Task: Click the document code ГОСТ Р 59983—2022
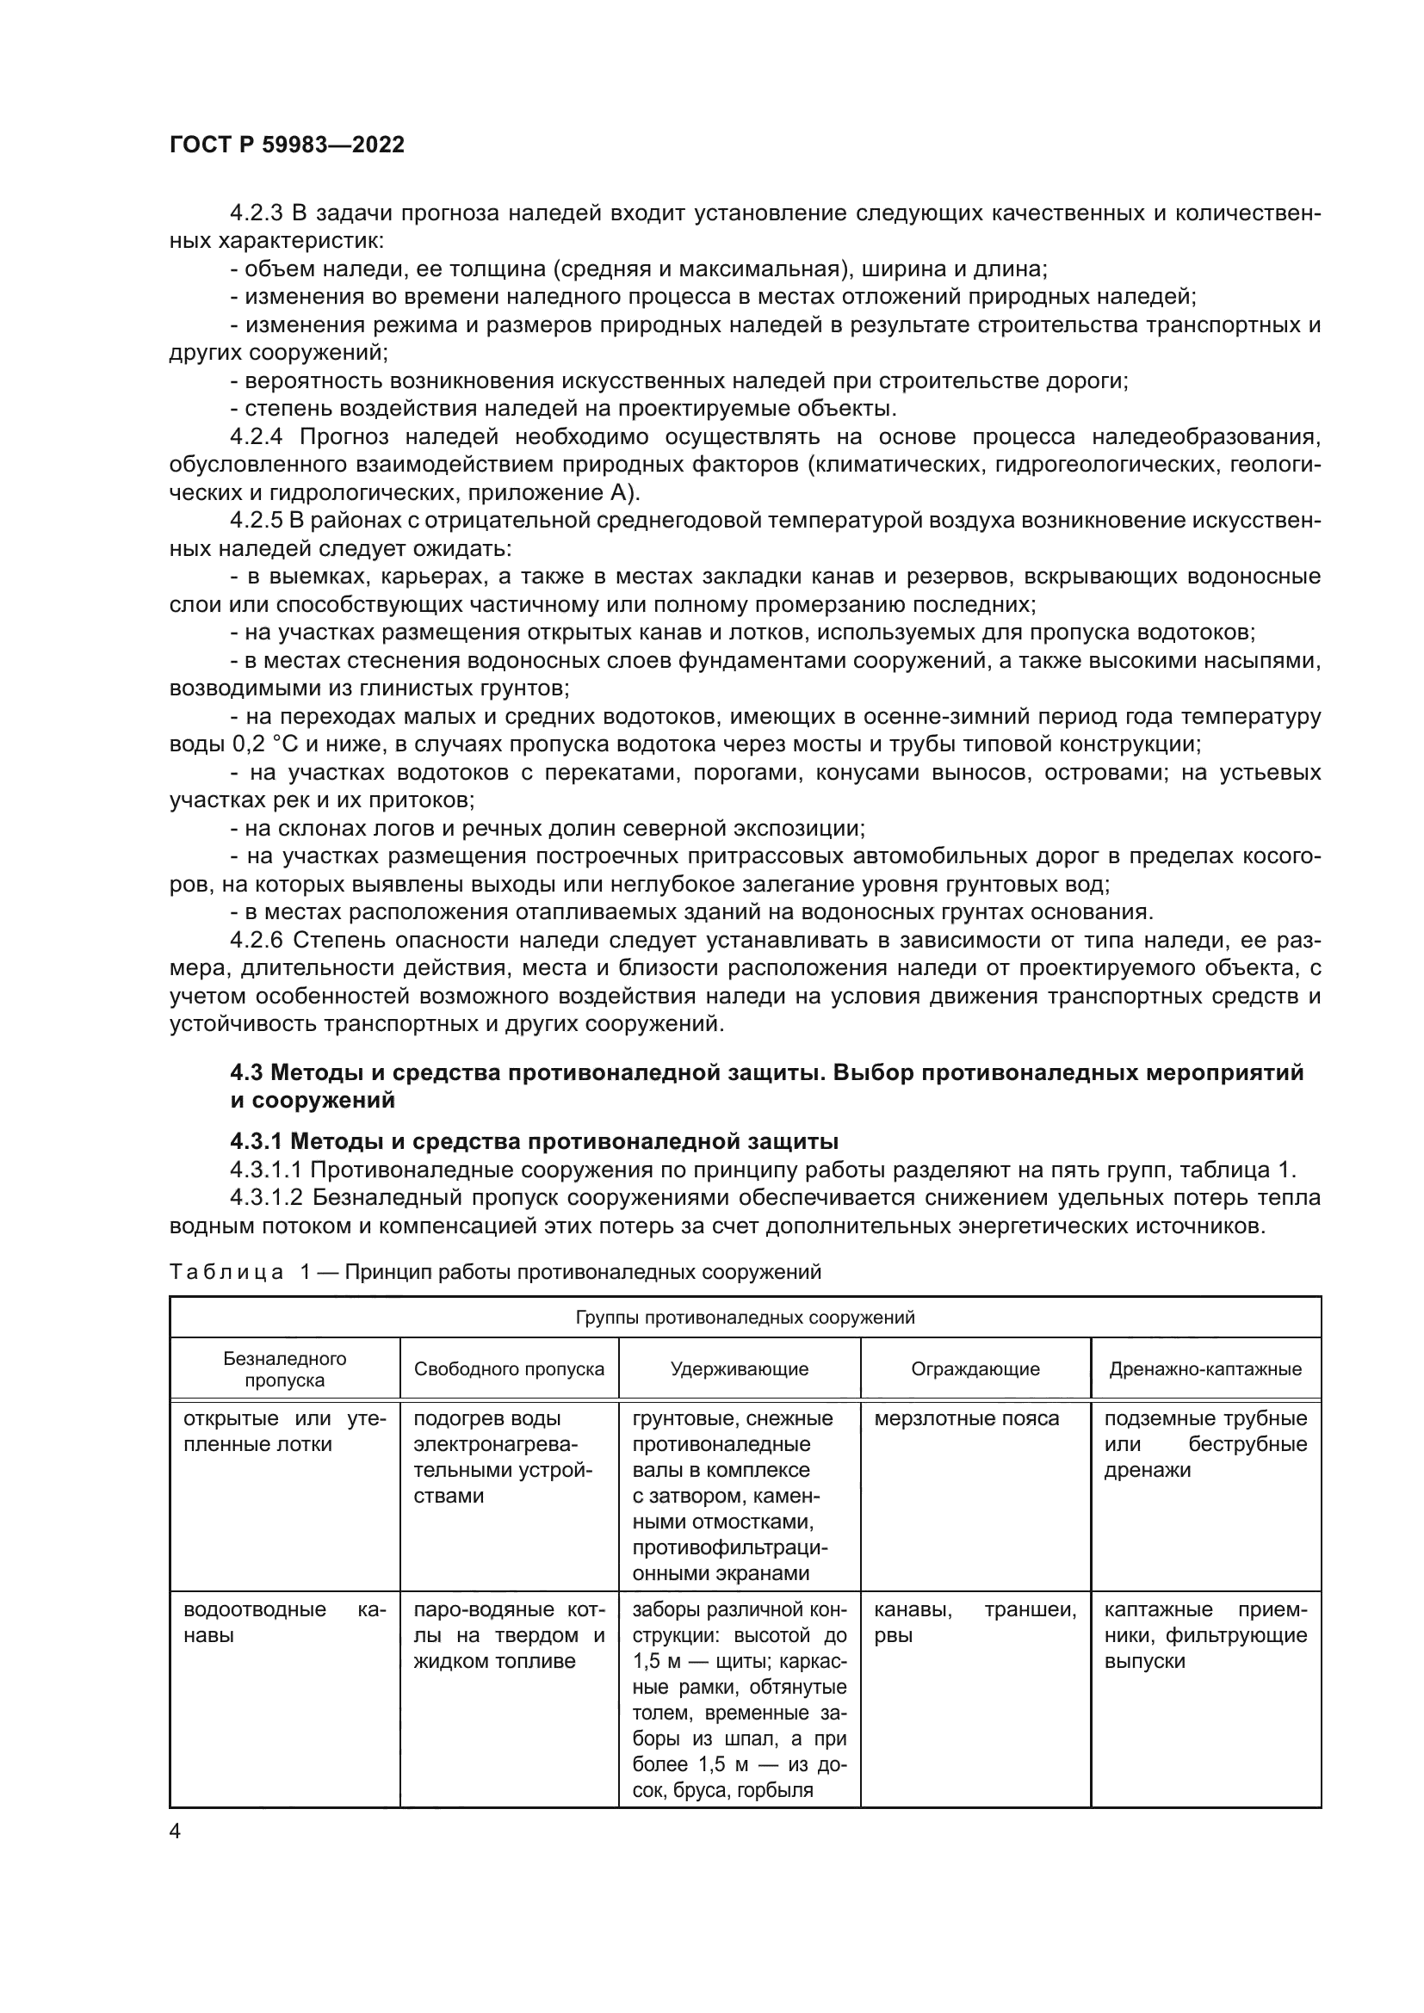287,145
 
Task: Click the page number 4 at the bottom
176,1831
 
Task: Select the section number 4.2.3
256,213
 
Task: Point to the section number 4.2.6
256,941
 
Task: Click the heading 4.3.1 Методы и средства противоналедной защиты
534,1141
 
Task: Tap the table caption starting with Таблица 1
494,1272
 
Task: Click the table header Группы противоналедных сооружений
745,1318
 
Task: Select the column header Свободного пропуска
509,1369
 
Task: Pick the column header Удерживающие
740,1369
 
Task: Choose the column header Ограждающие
975,1369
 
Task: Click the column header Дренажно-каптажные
1204,1369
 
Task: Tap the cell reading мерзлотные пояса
966,1418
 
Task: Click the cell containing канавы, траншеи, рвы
975,1622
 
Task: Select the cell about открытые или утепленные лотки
284,1431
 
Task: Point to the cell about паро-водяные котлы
509,1635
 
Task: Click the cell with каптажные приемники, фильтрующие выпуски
1204,1635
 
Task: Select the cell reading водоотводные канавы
284,1622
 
